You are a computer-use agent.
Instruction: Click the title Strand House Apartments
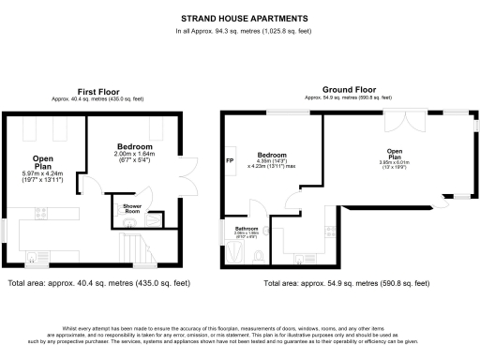tap(239, 17)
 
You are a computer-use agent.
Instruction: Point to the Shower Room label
tap(127, 209)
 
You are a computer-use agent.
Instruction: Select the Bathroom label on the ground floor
tap(247, 229)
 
